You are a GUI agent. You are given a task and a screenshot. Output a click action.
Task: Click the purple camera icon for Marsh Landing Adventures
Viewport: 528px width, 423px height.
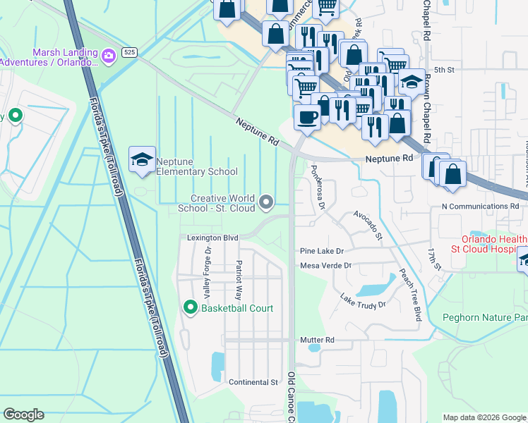click(109, 55)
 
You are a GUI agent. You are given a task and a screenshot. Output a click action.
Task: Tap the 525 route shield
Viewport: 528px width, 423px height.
click(128, 52)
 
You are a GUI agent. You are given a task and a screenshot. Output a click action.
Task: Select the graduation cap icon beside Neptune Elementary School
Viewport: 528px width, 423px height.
click(142, 160)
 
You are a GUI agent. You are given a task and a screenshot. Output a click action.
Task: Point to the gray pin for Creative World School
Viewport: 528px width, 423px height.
click(266, 203)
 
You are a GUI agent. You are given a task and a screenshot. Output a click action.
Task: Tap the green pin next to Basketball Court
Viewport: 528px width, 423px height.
click(190, 307)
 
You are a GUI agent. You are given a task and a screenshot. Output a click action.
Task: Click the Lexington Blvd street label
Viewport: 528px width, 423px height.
click(212, 238)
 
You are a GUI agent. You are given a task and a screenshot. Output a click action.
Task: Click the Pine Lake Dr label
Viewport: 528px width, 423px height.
click(321, 251)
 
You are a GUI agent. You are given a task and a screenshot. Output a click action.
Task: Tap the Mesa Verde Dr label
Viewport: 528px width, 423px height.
click(325, 266)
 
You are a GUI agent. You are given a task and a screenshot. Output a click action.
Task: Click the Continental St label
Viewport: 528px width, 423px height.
click(253, 382)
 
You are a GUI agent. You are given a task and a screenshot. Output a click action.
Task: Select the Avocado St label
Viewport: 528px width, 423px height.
click(368, 224)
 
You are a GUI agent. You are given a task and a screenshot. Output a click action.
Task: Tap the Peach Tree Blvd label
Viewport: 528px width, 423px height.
click(409, 295)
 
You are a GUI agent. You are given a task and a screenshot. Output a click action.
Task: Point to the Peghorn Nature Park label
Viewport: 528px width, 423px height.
click(484, 317)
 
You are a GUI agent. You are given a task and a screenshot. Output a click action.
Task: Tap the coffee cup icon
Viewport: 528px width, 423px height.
click(306, 117)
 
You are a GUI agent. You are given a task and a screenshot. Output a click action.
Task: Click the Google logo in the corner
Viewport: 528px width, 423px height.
click(23, 415)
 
